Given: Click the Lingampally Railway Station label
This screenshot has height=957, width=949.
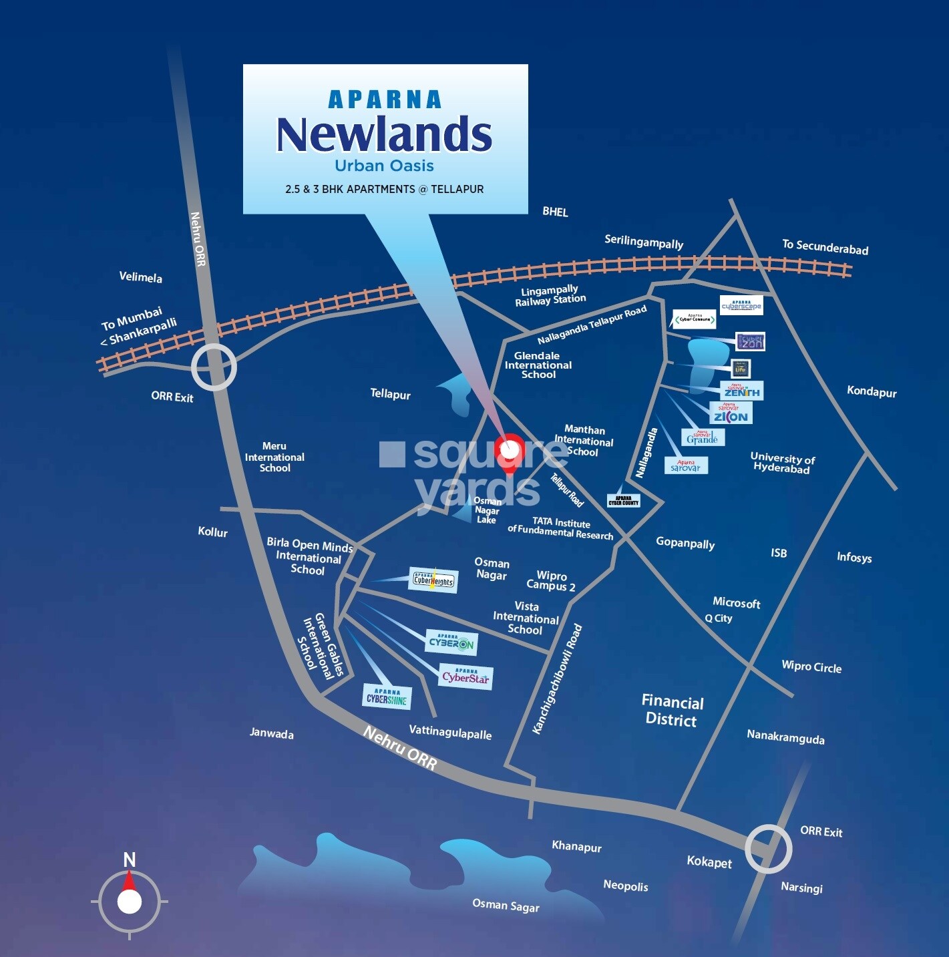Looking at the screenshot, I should [x=550, y=295].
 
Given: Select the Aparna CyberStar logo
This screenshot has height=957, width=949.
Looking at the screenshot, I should [x=465, y=677].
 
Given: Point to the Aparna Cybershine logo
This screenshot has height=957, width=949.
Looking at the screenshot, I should [x=387, y=697].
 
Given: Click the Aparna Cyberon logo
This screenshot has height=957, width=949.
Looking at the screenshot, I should [x=452, y=642].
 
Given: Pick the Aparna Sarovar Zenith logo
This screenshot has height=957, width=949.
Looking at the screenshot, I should [x=741, y=391].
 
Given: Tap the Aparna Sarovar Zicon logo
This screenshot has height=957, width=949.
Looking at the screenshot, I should [x=731, y=413].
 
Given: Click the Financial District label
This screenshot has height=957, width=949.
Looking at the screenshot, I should [x=672, y=711].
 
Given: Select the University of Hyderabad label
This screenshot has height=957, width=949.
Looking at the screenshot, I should [x=782, y=463].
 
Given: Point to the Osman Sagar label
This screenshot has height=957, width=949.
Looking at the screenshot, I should [x=506, y=906].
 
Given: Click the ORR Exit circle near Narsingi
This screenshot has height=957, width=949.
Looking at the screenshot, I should [x=768, y=849].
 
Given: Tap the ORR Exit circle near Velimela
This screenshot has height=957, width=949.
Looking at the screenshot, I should [x=214, y=367].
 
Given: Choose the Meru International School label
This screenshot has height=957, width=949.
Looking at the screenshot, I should [x=274, y=457].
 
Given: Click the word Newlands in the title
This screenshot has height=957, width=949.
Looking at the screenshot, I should [x=384, y=134].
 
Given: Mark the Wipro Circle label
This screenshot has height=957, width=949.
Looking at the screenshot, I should [x=811, y=666].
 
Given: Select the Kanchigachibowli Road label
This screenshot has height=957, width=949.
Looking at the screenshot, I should [x=557, y=679].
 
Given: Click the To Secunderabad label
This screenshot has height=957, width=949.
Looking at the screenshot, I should [x=825, y=247].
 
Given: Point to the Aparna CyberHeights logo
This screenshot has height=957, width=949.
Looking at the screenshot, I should [x=433, y=580].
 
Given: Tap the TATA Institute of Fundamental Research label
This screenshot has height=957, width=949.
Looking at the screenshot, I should [x=560, y=528].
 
